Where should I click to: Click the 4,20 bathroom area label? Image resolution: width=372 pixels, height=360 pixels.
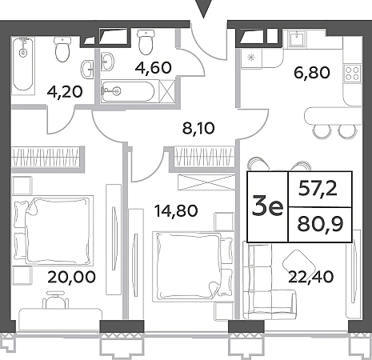coord(65,92)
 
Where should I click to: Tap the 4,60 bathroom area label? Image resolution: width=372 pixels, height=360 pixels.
coord(153,68)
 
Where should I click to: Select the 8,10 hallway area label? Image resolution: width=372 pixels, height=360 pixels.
coord(198,128)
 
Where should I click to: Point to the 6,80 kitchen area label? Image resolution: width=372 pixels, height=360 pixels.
coord(312,73)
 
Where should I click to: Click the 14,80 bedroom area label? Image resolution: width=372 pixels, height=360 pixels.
coord(176,210)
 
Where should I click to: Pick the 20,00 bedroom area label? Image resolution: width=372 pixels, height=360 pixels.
coord(71,277)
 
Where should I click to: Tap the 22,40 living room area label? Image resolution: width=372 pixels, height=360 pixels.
coord(311,277)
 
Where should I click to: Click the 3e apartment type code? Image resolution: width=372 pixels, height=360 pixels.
coord(267,205)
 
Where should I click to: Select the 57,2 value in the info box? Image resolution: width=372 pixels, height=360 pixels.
coord(318,189)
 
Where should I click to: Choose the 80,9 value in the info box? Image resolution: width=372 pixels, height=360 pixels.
coord(320,224)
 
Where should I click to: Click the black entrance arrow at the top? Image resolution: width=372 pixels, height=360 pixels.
coord(204,9)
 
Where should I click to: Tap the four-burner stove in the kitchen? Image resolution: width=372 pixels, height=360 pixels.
coord(352,74)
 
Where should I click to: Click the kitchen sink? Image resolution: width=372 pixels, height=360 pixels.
coord(297,39)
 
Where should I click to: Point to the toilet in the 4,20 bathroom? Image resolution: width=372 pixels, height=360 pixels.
coord(62,49)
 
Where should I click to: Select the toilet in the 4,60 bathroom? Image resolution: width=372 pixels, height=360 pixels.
coord(146,42)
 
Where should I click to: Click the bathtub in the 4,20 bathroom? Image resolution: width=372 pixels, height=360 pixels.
coord(23,65)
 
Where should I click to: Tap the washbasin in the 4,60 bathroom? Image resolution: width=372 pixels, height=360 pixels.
coord(108,62)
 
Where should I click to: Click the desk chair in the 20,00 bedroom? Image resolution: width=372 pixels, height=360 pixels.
coord(55,300)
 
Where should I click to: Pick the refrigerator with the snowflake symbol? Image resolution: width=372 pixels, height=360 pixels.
coord(251,58)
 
